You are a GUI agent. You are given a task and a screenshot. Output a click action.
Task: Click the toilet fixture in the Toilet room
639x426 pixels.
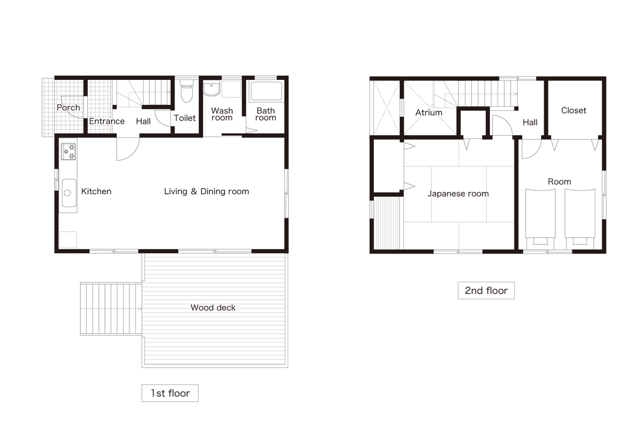click(187, 91)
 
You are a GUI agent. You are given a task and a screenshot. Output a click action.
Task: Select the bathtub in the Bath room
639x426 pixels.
click(266, 91)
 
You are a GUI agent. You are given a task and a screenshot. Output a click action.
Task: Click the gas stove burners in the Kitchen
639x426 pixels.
click(69, 151)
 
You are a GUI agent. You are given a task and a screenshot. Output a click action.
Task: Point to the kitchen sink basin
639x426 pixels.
click(69, 193)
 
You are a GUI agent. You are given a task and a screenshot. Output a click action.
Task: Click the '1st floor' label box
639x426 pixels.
click(170, 393)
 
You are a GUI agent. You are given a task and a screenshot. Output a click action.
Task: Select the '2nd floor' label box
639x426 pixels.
click(486, 290)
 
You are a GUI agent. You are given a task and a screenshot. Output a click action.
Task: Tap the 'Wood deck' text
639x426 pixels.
click(213, 308)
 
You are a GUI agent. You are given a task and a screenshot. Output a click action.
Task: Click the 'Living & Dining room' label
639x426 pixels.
click(207, 191)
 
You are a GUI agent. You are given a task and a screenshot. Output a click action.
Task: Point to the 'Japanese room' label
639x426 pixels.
click(458, 194)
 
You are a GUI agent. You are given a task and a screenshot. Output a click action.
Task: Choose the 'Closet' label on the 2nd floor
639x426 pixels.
click(574, 110)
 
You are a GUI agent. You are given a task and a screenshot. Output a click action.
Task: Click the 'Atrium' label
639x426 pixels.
click(429, 113)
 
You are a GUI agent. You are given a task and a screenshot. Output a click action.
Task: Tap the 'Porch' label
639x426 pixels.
click(68, 108)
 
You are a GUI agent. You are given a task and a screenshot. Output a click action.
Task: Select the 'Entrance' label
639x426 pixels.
click(106, 121)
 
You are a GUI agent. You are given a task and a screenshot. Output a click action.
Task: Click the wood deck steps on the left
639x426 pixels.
click(111, 309)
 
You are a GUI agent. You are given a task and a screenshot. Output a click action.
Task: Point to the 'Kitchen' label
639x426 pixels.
click(96, 191)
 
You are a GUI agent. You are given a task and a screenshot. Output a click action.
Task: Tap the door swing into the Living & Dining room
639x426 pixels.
click(127, 149)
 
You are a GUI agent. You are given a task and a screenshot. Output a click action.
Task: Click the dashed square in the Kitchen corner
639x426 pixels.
click(68, 240)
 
